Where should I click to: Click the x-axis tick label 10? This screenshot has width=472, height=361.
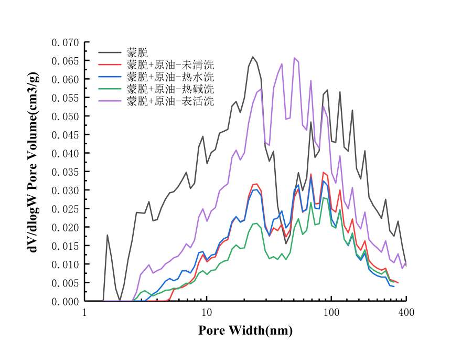tap(207, 313)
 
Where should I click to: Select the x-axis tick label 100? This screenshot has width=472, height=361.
tap(330, 313)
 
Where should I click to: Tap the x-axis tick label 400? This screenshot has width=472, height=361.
tap(406, 313)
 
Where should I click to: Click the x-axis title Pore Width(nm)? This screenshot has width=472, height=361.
tap(245, 331)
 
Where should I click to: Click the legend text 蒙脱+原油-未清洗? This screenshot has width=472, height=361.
tap(170, 65)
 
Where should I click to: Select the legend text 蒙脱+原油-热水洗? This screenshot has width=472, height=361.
tap(170, 77)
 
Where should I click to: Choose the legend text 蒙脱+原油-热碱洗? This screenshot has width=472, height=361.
tap(170, 89)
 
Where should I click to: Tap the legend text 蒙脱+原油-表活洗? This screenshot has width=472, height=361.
tap(170, 101)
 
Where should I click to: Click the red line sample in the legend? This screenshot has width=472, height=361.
tap(110, 65)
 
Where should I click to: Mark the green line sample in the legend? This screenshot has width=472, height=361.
tap(110, 89)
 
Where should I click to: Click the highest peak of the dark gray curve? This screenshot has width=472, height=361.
tap(252, 57)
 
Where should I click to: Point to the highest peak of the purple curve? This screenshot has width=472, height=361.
tap(294, 58)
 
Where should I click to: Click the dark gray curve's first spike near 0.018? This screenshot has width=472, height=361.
tap(107, 235)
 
